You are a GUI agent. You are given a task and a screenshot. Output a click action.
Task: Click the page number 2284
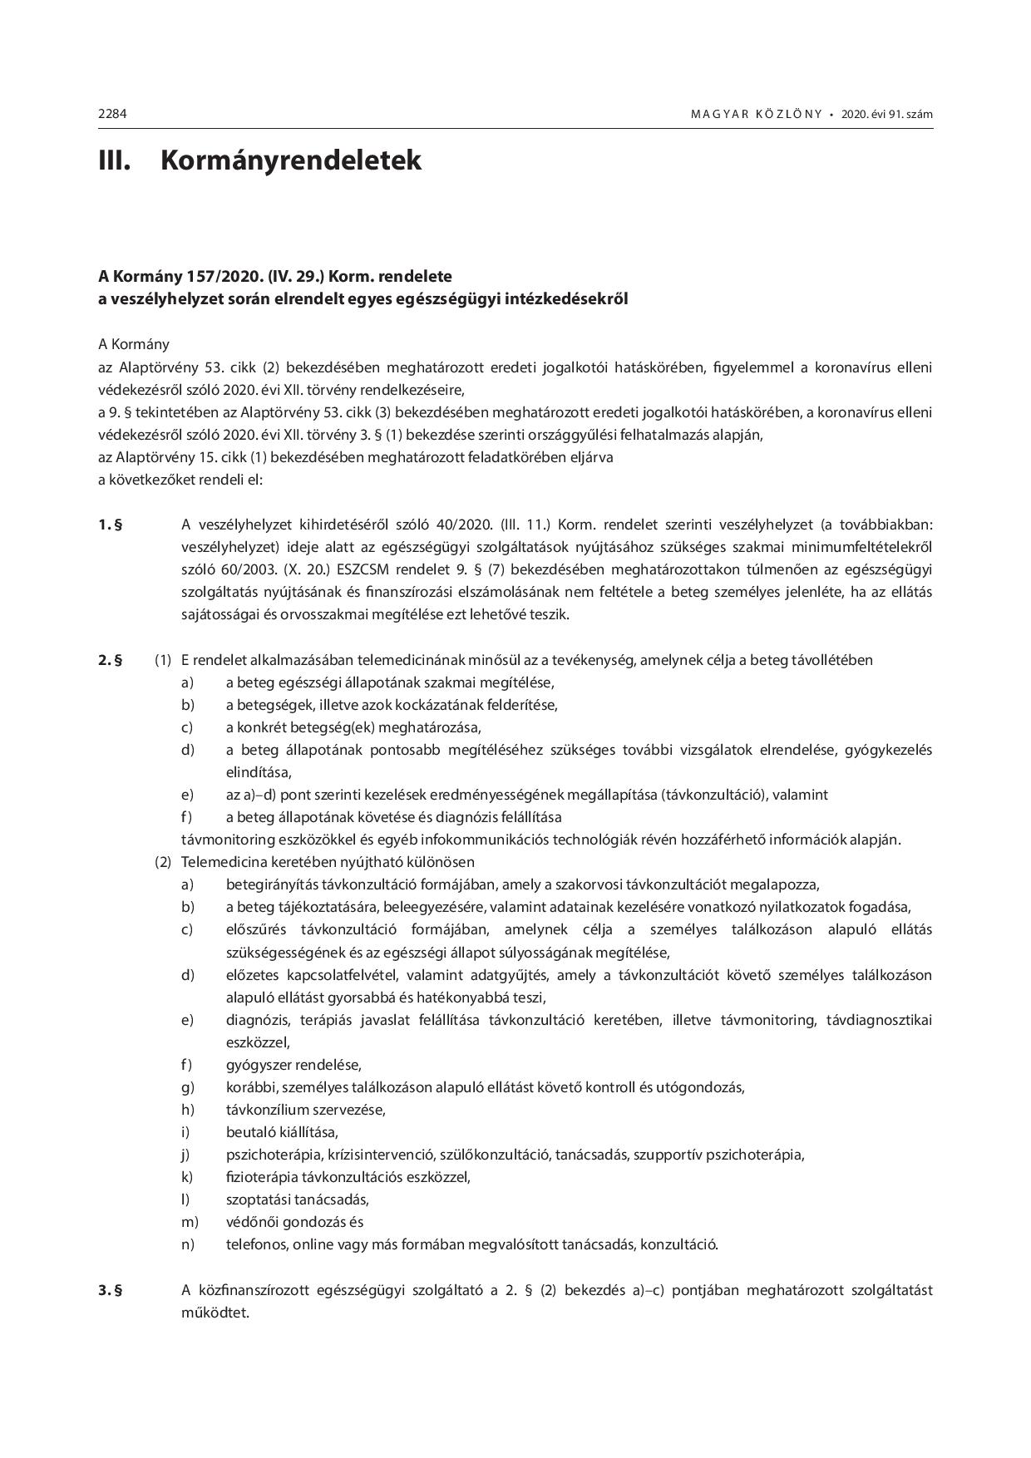click(112, 114)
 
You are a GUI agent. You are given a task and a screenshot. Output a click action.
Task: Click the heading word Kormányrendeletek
click(290, 160)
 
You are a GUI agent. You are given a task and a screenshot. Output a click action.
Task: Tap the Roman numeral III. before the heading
click(115, 160)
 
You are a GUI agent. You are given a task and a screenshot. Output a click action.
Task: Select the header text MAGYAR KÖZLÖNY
click(756, 114)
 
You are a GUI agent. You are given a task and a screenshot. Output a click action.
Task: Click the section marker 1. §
click(110, 525)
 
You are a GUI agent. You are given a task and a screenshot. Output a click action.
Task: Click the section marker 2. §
click(110, 660)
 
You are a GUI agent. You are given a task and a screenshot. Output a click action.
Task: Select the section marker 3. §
click(110, 1290)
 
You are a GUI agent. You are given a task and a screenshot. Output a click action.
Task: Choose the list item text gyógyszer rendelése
click(294, 1065)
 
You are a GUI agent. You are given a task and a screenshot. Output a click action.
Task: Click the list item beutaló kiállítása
click(282, 1132)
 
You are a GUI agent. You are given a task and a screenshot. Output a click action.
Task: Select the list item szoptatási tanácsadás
click(297, 1199)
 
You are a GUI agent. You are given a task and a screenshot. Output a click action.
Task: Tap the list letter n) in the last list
click(188, 1244)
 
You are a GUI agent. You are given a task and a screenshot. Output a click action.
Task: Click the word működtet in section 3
click(214, 1313)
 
